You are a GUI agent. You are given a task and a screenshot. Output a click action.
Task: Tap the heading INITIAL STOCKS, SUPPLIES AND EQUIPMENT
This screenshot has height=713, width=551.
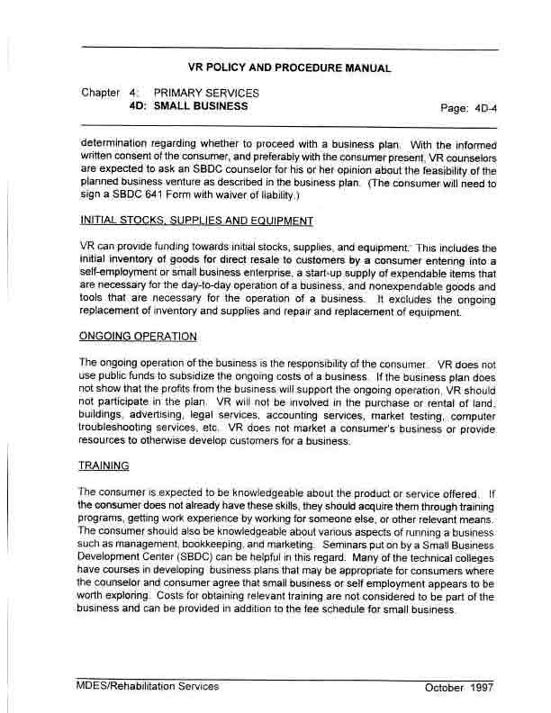(196, 221)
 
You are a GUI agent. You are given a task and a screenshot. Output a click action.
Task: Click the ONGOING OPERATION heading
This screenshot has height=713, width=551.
(138, 337)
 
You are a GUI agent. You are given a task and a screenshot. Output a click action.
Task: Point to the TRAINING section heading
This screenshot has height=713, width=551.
(104, 465)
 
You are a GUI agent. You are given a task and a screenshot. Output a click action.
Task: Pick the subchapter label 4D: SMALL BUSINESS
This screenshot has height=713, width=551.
(189, 105)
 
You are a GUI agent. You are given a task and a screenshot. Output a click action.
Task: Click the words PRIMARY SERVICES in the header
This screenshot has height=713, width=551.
(206, 93)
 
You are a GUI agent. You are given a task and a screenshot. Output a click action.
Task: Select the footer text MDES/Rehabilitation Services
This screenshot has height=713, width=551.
(148, 687)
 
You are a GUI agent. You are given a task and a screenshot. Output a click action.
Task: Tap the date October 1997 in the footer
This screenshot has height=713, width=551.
(459, 688)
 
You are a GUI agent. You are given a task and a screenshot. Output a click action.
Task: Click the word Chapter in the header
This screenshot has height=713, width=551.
(100, 93)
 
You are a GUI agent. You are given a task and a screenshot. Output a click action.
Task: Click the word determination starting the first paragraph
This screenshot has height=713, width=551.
(118, 142)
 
